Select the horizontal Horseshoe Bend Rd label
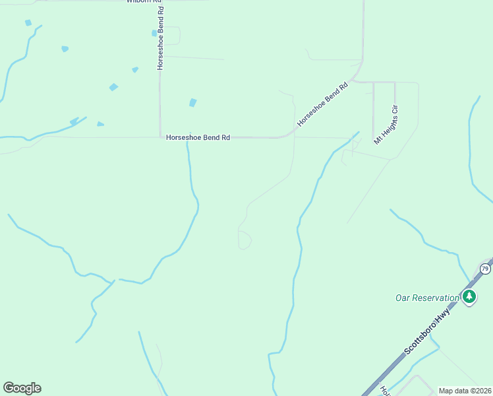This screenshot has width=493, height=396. click(x=198, y=138)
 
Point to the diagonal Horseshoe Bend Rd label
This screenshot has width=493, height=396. click(x=322, y=105)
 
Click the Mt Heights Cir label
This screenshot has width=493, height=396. click(x=387, y=123)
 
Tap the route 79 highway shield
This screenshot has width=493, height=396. click(x=485, y=269)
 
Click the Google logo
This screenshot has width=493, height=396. click(x=22, y=388)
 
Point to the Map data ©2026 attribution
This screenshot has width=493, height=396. click(x=465, y=391)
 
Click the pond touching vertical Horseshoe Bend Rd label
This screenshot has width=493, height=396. click(x=154, y=33)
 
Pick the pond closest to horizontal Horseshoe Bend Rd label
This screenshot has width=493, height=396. click(x=192, y=103)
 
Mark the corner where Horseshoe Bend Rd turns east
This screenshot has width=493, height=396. click(x=160, y=137)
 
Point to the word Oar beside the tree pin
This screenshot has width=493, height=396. click(x=403, y=298)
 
